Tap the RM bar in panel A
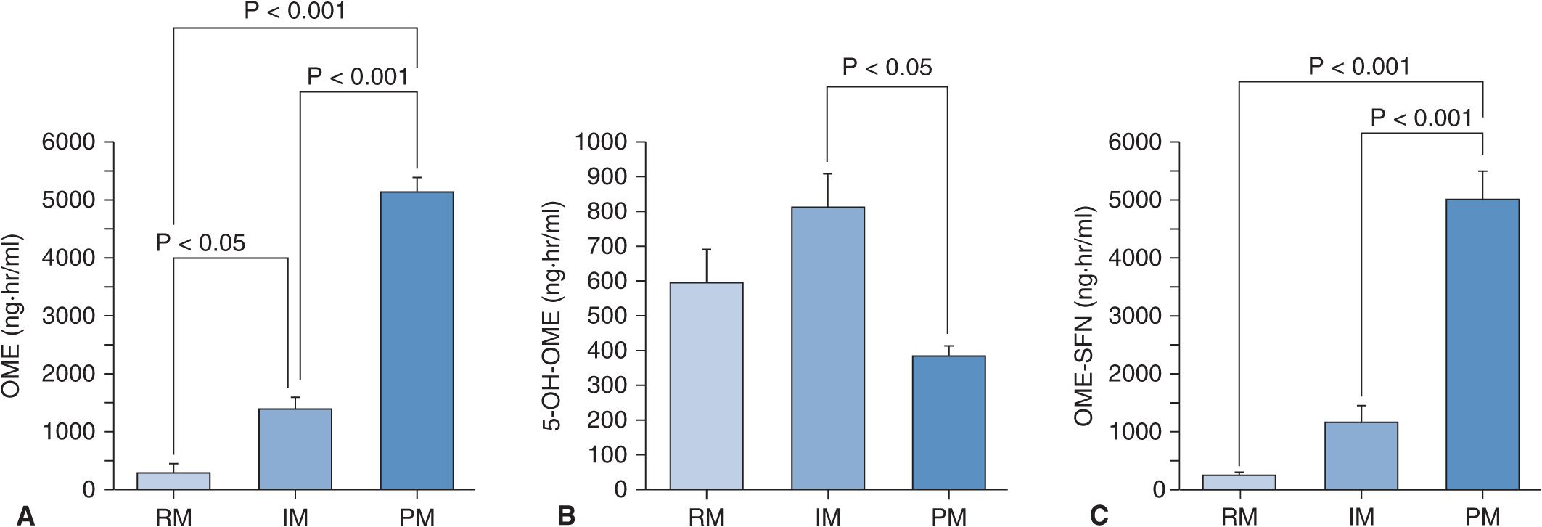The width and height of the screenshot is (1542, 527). click(173, 481)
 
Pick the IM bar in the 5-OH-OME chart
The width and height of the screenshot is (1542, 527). click(827, 348)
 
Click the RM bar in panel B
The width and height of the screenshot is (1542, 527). click(706, 385)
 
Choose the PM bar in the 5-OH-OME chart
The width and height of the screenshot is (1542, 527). click(948, 422)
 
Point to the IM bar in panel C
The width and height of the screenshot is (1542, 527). click(1361, 455)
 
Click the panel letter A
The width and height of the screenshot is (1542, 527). click(26, 515)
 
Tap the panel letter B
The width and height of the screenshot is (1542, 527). click(567, 515)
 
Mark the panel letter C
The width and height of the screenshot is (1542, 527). click(1099, 515)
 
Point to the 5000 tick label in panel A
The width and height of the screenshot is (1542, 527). click(68, 200)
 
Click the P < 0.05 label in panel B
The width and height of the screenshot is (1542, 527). click(887, 68)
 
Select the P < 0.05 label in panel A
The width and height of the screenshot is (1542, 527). click(200, 242)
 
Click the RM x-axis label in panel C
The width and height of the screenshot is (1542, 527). click(1239, 516)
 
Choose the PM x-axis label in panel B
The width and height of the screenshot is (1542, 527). click(948, 516)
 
